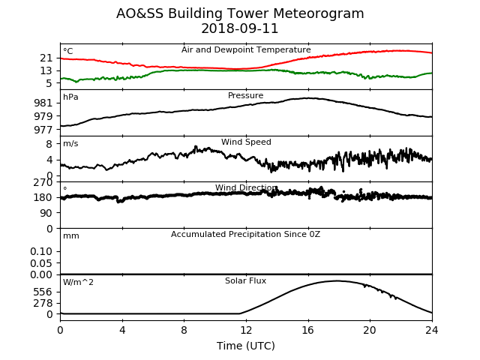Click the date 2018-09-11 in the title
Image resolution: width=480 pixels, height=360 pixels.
click(x=240, y=28)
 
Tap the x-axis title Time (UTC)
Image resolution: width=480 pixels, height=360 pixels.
click(x=246, y=346)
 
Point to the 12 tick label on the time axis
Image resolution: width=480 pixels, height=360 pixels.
click(x=246, y=330)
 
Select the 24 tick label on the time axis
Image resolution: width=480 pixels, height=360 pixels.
click(x=432, y=330)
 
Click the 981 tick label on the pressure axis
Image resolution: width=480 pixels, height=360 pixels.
click(x=43, y=103)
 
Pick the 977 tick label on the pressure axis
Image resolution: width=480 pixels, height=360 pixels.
click(x=43, y=130)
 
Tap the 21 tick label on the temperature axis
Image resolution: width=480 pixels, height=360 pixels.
click(x=46, y=58)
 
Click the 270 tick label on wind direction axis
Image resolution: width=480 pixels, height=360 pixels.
click(x=43, y=183)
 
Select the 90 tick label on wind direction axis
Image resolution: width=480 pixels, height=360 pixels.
click(x=46, y=213)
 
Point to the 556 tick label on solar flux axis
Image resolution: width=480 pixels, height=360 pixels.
click(x=43, y=292)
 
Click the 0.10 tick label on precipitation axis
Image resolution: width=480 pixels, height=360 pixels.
click(x=41, y=251)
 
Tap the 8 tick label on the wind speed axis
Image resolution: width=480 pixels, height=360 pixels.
click(x=49, y=143)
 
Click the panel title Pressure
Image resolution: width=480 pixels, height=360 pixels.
click(x=245, y=95)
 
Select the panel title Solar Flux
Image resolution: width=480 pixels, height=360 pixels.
click(x=245, y=280)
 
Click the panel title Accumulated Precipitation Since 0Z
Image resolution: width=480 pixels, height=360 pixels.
click(x=245, y=234)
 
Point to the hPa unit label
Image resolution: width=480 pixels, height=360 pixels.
click(x=70, y=97)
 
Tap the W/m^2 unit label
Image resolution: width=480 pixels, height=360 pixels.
click(x=78, y=282)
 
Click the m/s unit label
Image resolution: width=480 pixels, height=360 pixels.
click(x=70, y=143)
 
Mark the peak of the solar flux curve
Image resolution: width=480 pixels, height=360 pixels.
click(x=337, y=280)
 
